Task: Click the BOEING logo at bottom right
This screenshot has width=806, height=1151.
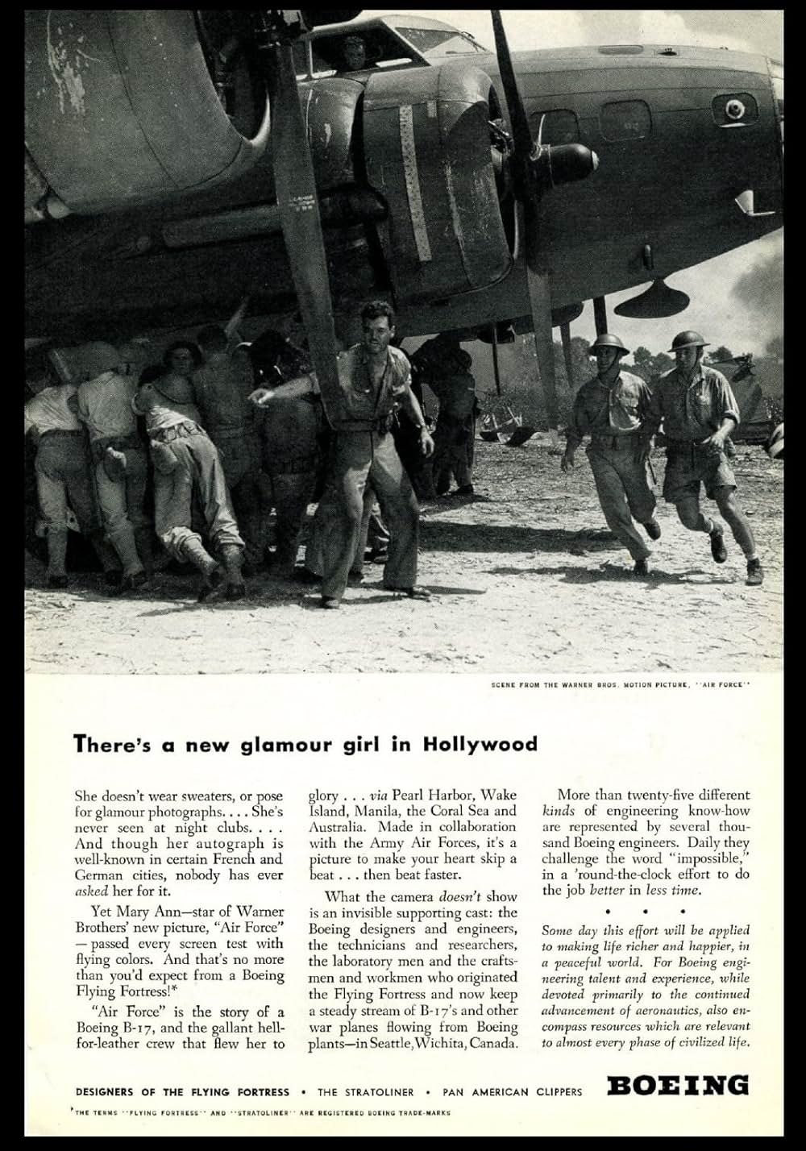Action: click(678, 1085)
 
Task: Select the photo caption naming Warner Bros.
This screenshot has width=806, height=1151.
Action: click(620, 686)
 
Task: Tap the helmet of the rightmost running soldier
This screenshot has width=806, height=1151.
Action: click(688, 340)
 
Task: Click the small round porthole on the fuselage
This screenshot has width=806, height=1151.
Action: click(734, 108)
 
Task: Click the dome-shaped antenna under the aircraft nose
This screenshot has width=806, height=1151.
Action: click(651, 300)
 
